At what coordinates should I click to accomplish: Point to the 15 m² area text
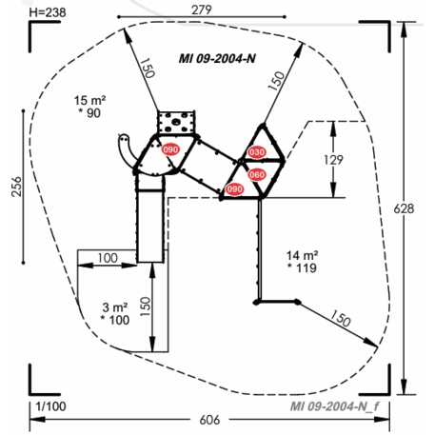(x=89, y=99)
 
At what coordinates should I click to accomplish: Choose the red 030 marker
(x=257, y=152)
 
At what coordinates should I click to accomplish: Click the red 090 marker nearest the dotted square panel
(x=171, y=149)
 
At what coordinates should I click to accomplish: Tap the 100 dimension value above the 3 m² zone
(x=108, y=259)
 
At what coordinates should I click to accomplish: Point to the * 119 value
(x=303, y=269)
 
